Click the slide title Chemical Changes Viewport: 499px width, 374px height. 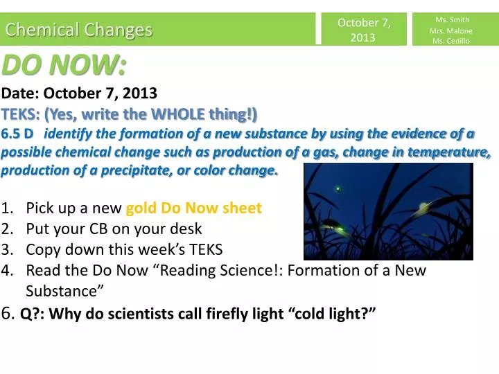[x=78, y=30]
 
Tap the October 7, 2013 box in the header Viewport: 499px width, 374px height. [x=363, y=30]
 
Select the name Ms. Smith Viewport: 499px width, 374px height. [x=451, y=19]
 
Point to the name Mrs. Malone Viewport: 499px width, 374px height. [x=451, y=30]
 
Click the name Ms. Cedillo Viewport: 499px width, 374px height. [x=451, y=41]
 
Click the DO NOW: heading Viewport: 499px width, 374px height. [x=64, y=66]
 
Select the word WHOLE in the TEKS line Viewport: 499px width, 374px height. [x=186, y=114]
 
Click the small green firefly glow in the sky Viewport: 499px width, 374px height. [x=338, y=187]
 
